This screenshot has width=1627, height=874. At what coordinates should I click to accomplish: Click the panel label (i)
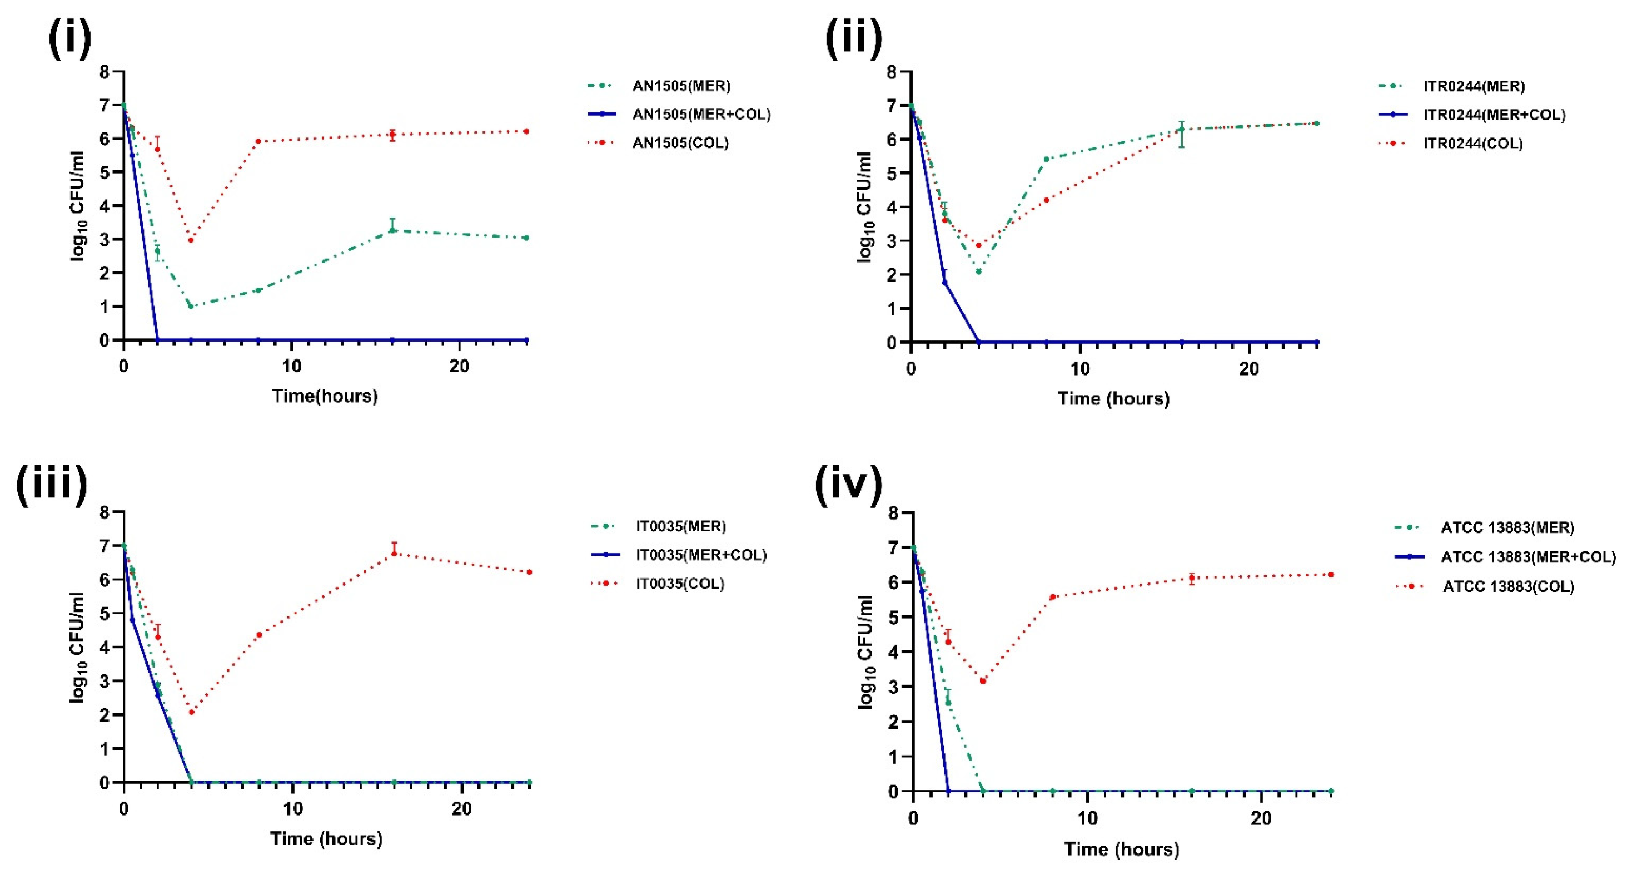click(69, 39)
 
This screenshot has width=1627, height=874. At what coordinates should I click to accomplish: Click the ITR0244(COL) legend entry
click(1472, 144)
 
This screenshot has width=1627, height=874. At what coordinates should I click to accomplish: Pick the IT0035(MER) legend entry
click(680, 526)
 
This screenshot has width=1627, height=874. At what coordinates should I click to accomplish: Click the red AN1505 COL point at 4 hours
click(191, 240)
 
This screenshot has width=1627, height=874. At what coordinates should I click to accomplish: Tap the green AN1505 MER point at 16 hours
click(392, 230)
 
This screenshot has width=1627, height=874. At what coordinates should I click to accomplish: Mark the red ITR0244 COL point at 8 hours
click(1046, 200)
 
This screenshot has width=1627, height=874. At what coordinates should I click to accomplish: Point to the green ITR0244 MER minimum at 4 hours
click(978, 271)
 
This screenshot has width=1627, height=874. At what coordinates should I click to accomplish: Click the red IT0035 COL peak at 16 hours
click(394, 553)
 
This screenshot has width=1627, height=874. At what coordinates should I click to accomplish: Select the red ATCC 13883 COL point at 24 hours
click(1331, 575)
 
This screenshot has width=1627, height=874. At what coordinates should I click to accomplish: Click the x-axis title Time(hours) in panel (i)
click(325, 396)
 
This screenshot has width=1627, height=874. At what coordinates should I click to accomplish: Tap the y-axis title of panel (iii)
click(77, 647)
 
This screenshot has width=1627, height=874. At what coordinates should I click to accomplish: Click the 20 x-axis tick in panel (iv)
click(1261, 818)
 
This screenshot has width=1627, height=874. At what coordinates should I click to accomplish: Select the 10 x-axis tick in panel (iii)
click(292, 809)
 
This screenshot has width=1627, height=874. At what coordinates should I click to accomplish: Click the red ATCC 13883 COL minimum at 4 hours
click(983, 680)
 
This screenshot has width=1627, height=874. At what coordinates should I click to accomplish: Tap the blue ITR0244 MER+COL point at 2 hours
click(945, 282)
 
